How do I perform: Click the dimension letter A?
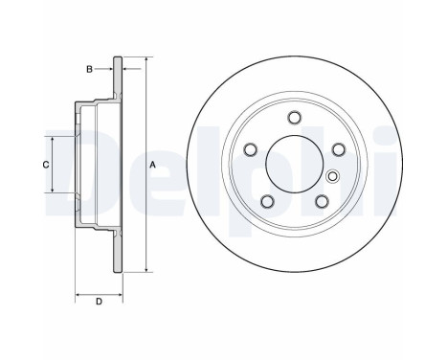152,165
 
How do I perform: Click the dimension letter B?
90,69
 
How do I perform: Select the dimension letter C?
46,165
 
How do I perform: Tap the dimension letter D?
99,302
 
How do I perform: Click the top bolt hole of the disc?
294,117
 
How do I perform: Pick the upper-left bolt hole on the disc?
250,149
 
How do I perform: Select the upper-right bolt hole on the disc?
339,149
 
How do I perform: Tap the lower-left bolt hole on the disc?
267,201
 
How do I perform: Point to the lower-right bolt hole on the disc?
322,201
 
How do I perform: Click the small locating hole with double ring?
333,176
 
